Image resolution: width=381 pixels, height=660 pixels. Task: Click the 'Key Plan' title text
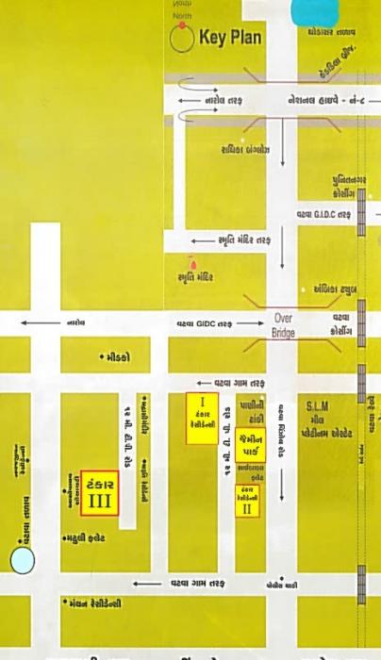point(230,39)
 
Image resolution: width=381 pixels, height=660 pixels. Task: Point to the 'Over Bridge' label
point(284,325)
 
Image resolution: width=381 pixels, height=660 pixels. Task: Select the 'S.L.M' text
point(316,404)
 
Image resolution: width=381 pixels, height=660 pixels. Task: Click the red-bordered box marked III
point(99,493)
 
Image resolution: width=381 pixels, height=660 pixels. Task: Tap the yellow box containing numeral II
point(247,502)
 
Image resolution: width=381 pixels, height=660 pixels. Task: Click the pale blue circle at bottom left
point(22,561)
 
